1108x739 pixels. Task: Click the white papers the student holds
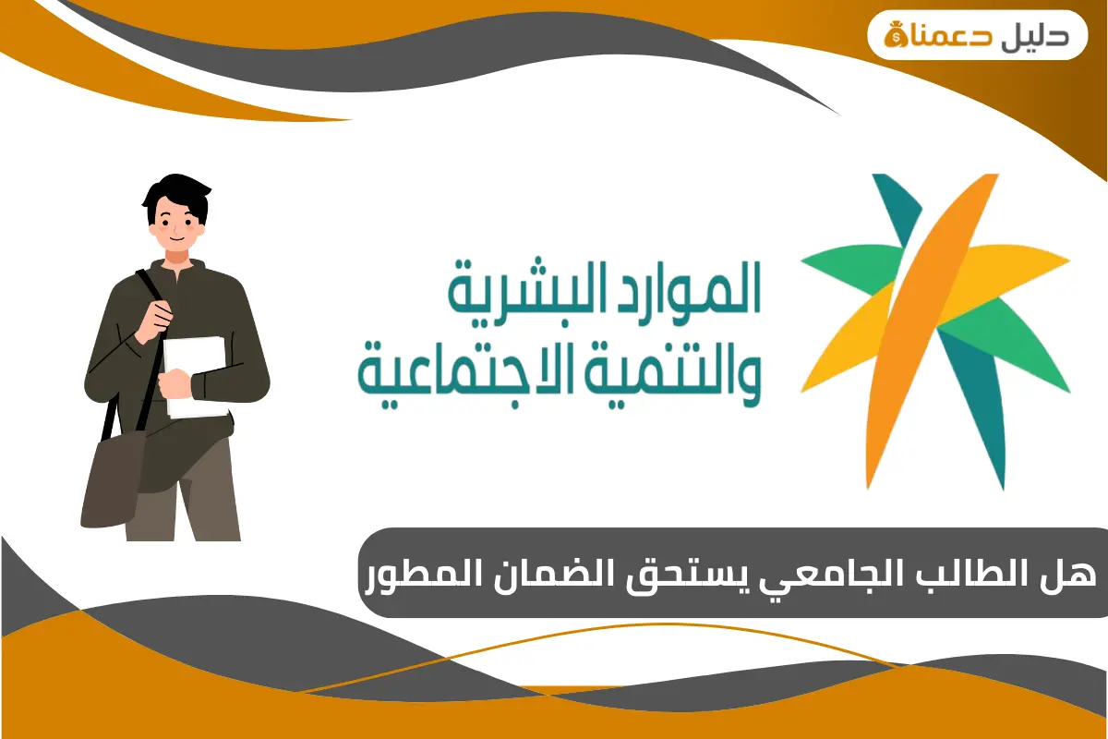pyautogui.click(x=197, y=374)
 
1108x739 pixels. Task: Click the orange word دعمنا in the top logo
pyautogui.click(x=959, y=35)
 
